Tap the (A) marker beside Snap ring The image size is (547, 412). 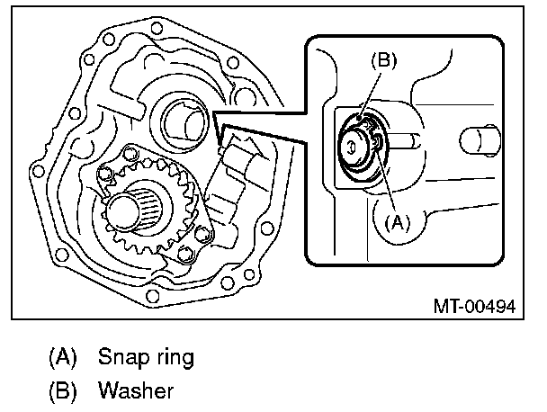[63, 358]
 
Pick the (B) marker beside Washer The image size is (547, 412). [63, 391]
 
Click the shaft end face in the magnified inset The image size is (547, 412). [354, 147]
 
